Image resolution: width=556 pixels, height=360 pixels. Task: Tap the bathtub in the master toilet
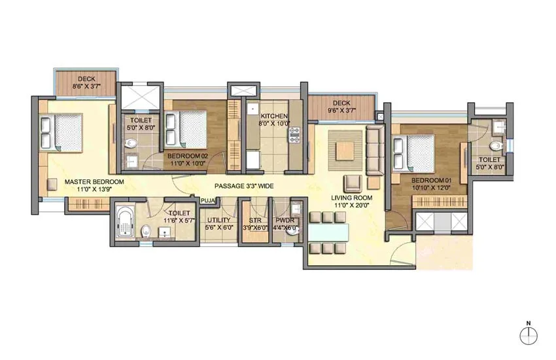click(124, 223)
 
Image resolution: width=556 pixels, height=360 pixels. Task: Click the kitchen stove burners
click(294, 135)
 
